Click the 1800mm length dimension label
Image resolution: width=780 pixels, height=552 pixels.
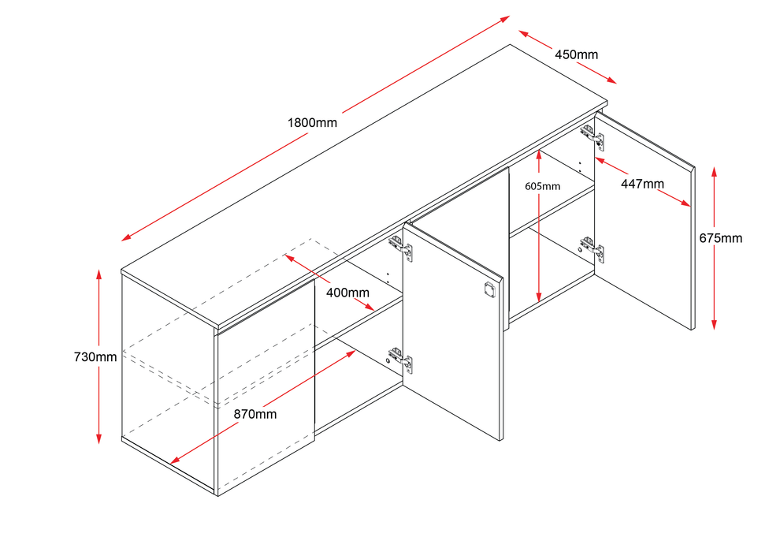pos(312,123)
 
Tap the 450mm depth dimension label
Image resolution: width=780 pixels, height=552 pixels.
pos(576,54)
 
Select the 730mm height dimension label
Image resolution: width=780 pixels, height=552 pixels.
pos(95,356)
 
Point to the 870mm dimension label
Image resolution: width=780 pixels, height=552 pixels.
pos(254,413)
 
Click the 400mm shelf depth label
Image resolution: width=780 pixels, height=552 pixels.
pos(347,293)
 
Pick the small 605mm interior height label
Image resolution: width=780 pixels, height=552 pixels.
pos(542,187)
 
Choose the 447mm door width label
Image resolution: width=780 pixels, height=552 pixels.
pos(641,184)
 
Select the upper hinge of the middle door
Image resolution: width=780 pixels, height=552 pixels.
pos(402,247)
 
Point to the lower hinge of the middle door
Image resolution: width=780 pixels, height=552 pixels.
pos(401,360)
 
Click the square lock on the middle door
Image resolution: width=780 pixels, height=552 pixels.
pos(489,288)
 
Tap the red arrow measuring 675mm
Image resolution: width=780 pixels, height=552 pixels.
pos(713,248)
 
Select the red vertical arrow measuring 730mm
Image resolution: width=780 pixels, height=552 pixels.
pos(99,356)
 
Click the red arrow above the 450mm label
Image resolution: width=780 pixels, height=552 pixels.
pos(567,57)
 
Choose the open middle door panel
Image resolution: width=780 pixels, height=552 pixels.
pos(453,331)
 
